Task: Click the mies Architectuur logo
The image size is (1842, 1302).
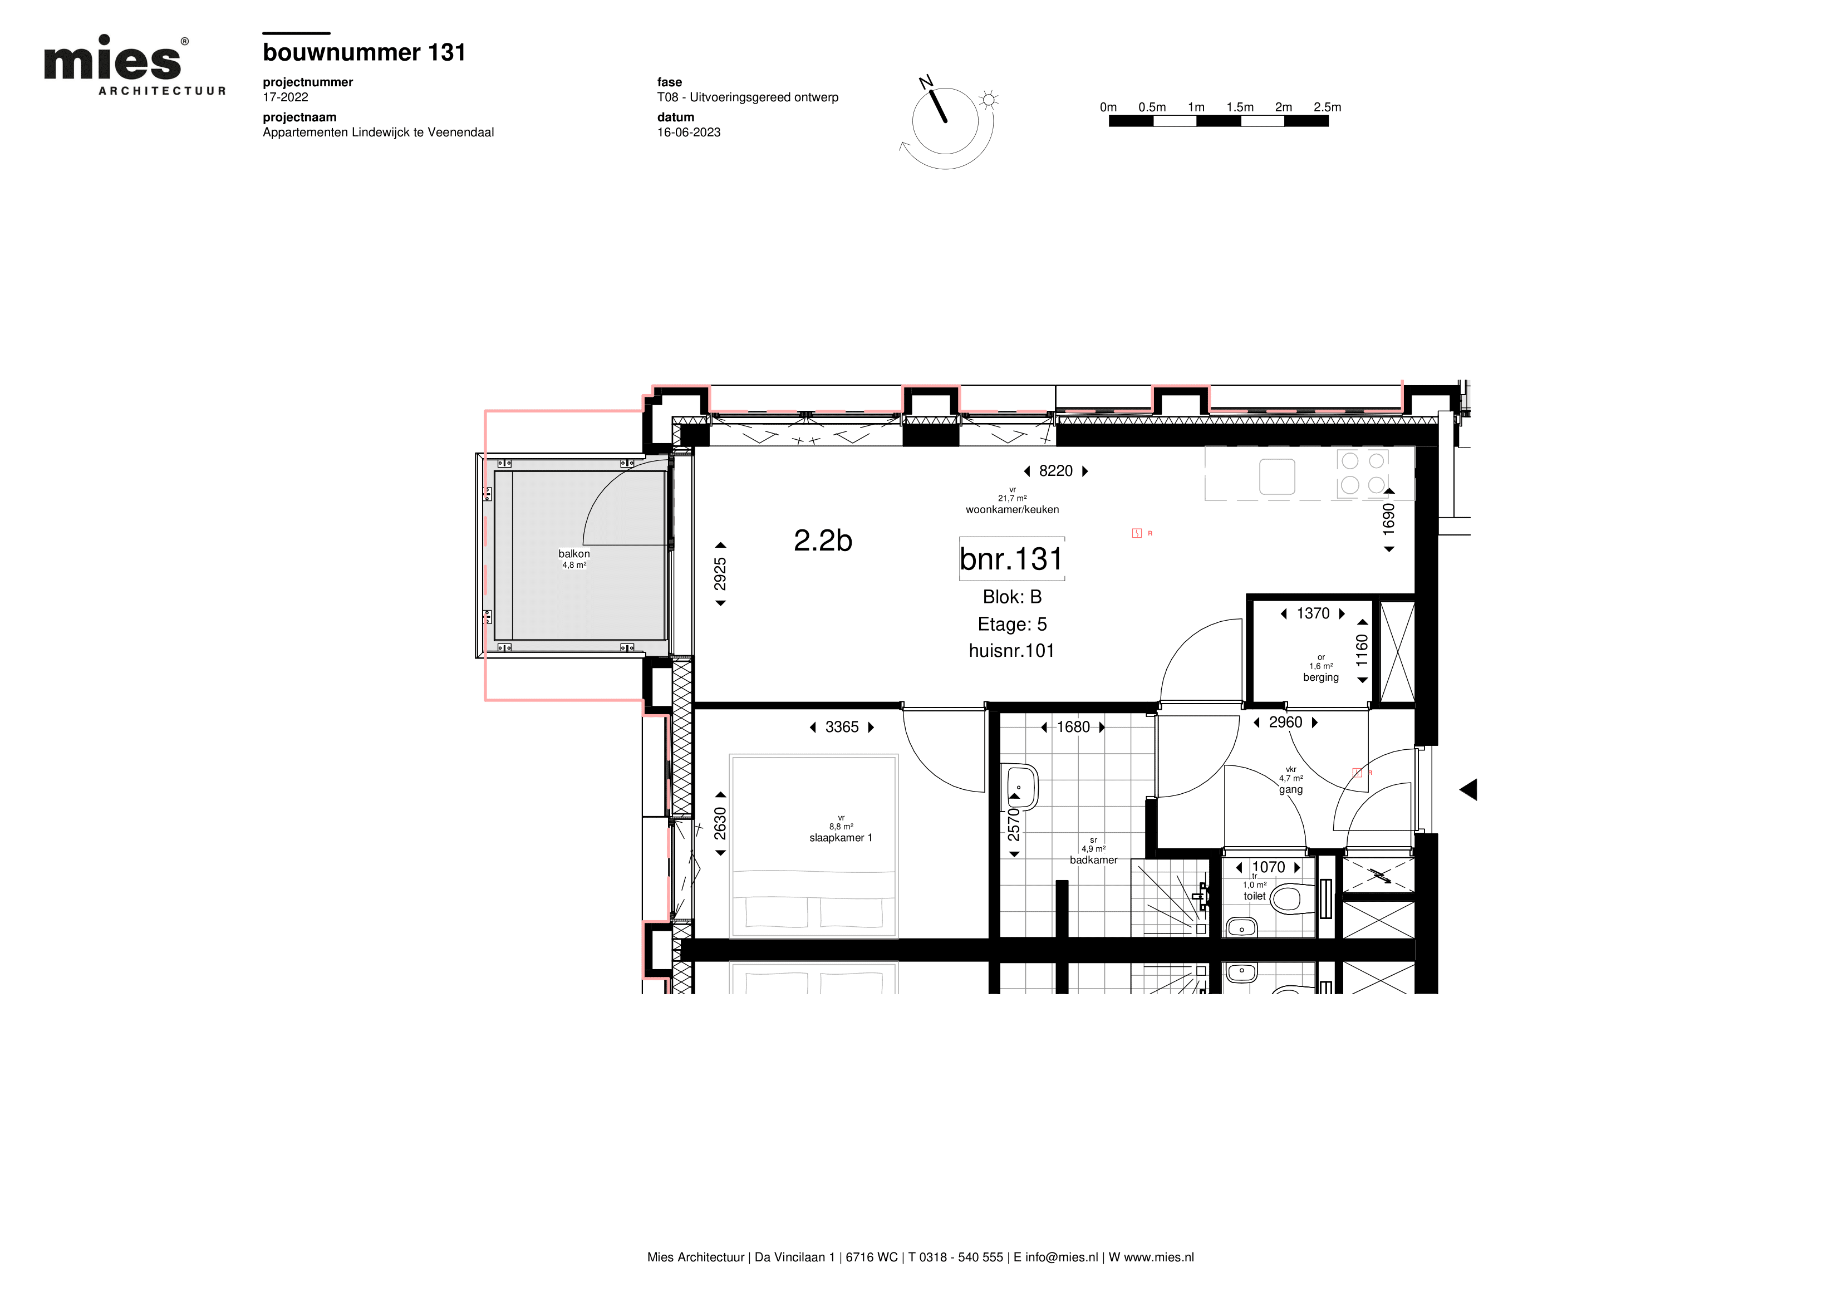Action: coord(135,65)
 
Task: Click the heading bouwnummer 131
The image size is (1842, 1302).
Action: coord(364,53)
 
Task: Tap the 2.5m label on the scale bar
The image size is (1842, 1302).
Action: coord(1327,107)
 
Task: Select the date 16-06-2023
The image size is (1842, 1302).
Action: coord(689,132)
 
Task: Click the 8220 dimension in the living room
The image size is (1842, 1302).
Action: coord(1056,471)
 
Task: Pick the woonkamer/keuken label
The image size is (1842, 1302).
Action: coord(1013,509)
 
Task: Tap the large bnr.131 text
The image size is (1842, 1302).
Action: coord(1011,559)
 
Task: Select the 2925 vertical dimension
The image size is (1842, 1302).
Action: coord(720,574)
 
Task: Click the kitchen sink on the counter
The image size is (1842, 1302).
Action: coord(1277,476)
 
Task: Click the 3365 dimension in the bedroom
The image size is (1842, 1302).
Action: coord(842,728)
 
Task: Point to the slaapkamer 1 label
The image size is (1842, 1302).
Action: coord(841,838)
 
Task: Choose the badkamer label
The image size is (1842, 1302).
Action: coord(1093,860)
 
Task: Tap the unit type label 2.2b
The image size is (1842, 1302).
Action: coord(823,541)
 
